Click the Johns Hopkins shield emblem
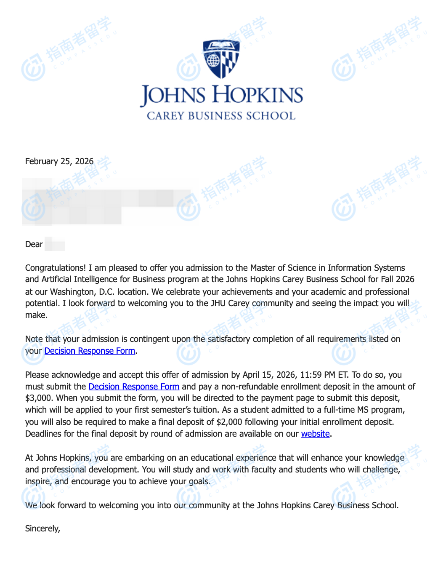point(221,59)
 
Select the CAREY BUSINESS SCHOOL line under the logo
point(221,116)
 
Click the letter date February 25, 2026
point(59,161)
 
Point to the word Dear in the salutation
point(34,244)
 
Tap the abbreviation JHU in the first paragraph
point(218,303)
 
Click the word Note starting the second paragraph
point(34,339)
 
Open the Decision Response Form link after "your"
point(90,351)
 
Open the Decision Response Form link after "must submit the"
point(134,387)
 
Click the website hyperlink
point(315,434)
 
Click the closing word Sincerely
point(42,528)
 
